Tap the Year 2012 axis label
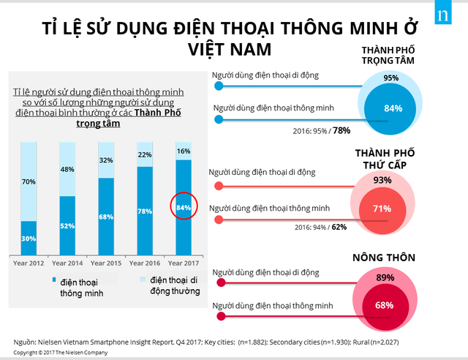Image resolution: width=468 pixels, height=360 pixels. click(29, 262)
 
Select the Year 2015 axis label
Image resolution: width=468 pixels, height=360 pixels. click(106, 262)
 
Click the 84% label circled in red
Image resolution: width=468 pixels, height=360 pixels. click(184, 207)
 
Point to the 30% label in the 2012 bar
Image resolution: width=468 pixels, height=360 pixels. click(29, 239)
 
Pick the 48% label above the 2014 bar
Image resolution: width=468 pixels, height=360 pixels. click(67, 170)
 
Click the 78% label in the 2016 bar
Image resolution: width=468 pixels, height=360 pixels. click(145, 211)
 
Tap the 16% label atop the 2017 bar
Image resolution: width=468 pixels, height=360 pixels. click(184, 151)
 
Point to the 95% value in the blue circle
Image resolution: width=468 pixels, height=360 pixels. click(391, 78)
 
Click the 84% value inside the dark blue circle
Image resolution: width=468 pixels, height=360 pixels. click(393, 108)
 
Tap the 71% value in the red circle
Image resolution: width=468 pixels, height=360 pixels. click(382, 209)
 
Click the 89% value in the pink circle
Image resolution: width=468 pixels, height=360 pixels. click(385, 278)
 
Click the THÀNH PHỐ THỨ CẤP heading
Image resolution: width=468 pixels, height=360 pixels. click(384, 158)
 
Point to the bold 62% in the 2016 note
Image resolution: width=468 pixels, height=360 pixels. click(339, 227)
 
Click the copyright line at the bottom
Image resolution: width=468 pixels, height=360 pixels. click(61, 353)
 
